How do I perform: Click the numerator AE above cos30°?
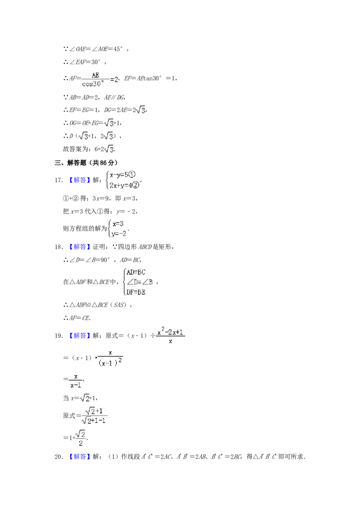coord(95,75)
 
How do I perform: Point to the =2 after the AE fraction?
coord(114,80)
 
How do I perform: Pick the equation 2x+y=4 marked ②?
coord(124,184)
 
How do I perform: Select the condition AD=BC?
coord(136,272)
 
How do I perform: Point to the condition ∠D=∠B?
coord(139,282)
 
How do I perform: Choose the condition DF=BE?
coord(136,292)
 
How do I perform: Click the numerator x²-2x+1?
coord(171,331)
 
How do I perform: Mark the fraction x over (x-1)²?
coord(111,358)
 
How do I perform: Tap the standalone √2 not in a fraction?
coord(85,398)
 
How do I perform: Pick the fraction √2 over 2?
coord(80,438)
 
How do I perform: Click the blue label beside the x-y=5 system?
coord(79,180)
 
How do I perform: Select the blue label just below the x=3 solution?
coord(79,246)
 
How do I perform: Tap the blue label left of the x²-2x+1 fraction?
coord(79,336)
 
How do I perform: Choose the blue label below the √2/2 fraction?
coord(79,457)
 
